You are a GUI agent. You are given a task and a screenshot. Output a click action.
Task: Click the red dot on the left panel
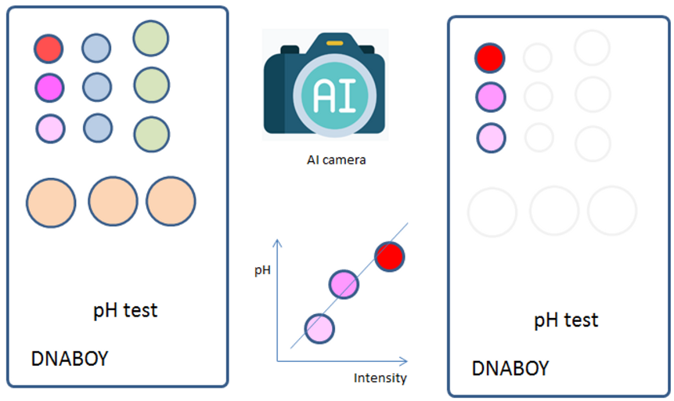click(x=48, y=49)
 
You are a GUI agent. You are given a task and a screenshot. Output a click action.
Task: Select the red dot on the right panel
click(x=490, y=57)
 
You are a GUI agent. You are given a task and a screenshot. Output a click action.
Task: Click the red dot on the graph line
click(x=389, y=256)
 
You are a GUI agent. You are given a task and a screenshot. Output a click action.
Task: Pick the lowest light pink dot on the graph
click(x=319, y=327)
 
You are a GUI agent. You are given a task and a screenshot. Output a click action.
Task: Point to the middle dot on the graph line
click(x=344, y=284)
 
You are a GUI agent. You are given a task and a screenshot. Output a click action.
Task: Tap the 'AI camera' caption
click(x=336, y=161)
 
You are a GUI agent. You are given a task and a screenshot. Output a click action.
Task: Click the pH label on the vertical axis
click(x=265, y=270)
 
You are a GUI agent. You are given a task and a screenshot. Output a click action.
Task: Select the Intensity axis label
click(x=380, y=378)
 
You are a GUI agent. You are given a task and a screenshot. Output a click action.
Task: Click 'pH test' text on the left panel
click(x=125, y=310)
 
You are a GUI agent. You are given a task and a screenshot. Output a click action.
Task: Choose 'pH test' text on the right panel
click(x=566, y=320)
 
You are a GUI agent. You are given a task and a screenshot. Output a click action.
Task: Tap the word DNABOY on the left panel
click(x=69, y=359)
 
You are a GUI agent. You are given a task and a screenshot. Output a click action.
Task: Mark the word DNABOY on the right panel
click(x=510, y=368)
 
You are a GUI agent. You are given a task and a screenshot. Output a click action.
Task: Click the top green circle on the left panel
click(x=151, y=38)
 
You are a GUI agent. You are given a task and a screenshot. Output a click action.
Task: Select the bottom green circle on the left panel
click(x=151, y=134)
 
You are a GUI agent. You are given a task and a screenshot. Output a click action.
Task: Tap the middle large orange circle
click(x=113, y=201)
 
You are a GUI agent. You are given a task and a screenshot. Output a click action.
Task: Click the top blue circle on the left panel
click(x=97, y=48)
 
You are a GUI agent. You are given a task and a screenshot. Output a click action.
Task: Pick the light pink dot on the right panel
click(x=491, y=137)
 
